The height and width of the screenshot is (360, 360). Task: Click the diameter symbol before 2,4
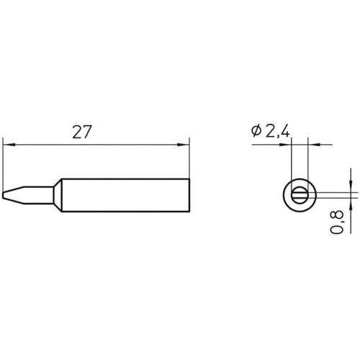pyautogui.click(x=256, y=131)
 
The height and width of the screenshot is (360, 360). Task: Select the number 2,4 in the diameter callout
pyautogui.click(x=277, y=131)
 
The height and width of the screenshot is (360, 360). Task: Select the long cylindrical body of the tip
pyautogui.click(x=122, y=194)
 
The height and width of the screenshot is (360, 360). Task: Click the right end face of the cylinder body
pyautogui.click(x=189, y=194)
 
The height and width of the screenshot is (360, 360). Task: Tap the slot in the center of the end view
pyautogui.click(x=300, y=194)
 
